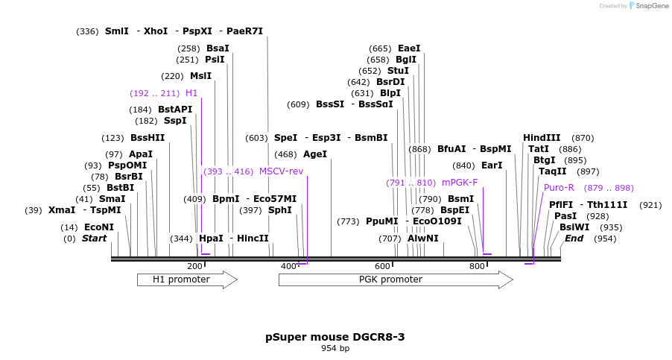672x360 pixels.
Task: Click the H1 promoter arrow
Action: tap(186, 280)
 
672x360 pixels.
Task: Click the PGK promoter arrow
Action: tap(395, 280)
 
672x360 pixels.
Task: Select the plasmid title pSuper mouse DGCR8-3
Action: tap(335, 337)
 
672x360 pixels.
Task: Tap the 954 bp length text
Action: tap(335, 348)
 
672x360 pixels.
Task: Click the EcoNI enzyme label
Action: tap(99, 227)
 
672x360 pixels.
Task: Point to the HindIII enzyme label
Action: tap(542, 138)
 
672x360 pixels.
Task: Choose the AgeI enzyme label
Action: tap(315, 154)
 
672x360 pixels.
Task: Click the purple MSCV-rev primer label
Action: tap(281, 171)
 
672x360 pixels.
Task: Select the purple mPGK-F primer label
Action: tap(460, 182)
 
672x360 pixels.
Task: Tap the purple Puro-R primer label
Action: tap(559, 188)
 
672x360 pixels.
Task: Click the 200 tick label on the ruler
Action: tap(194, 267)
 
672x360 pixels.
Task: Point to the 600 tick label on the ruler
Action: tap(382, 267)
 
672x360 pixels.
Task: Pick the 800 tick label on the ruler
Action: tap(476, 267)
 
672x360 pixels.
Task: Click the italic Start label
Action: tap(94, 239)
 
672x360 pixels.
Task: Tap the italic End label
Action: tap(574, 239)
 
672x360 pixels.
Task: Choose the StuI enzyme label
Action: tap(399, 71)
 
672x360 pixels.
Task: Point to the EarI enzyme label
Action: tap(492, 165)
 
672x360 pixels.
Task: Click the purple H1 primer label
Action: tap(191, 93)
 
